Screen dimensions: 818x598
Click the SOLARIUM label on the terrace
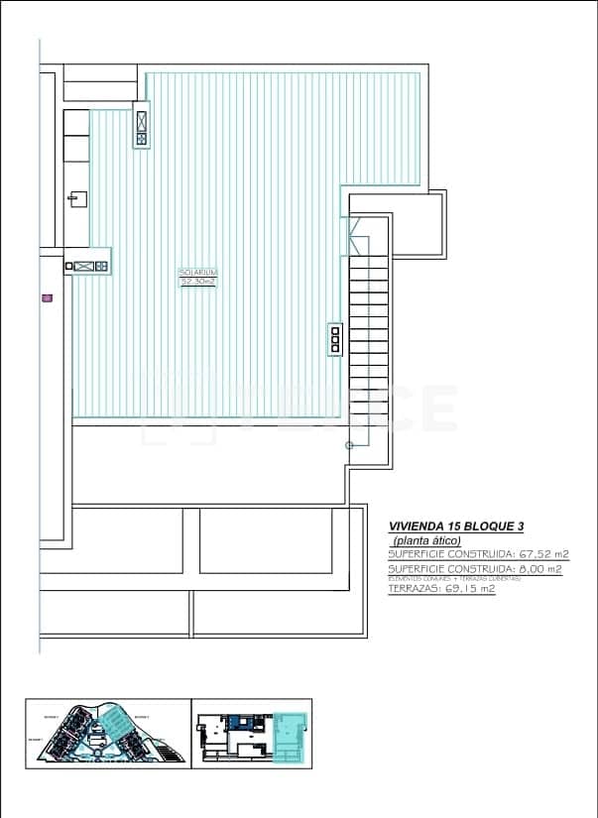tap(197, 272)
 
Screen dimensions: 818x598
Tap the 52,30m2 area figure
tap(197, 282)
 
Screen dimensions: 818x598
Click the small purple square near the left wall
tap(47, 296)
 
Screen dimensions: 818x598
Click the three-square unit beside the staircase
tap(335, 338)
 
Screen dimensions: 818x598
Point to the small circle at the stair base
tap(349, 446)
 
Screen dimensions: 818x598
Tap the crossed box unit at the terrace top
tap(142, 129)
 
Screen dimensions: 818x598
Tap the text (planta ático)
tap(427, 540)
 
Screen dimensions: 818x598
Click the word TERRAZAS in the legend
tap(416, 589)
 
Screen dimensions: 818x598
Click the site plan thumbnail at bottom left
tap(106, 734)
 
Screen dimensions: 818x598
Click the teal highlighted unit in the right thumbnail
tap(289, 738)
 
